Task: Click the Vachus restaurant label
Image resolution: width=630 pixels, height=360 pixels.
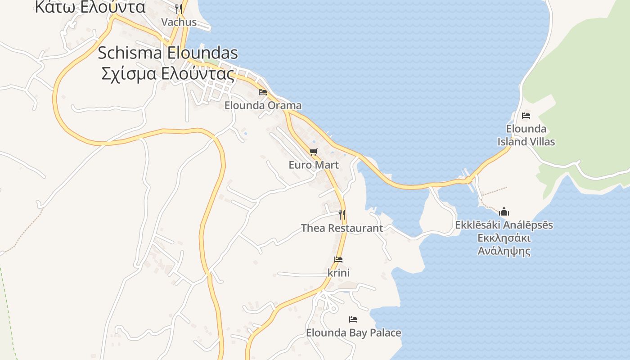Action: (x=179, y=22)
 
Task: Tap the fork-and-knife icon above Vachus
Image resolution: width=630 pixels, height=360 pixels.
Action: (x=179, y=9)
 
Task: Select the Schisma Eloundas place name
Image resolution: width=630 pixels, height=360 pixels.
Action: (x=168, y=53)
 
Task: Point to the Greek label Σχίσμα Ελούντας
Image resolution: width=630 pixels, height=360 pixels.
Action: (x=168, y=74)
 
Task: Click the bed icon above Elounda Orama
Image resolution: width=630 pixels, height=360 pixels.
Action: (x=263, y=92)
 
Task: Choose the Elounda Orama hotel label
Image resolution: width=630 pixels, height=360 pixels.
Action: (x=263, y=106)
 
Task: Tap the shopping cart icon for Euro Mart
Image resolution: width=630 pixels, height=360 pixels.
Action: (x=314, y=152)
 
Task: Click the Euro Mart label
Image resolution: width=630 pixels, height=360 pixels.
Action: (x=314, y=165)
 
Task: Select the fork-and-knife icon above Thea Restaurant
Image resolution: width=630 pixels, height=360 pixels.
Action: (x=342, y=214)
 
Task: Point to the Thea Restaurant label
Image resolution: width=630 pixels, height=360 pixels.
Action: (x=342, y=228)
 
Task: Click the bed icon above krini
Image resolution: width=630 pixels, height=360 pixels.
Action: (x=338, y=260)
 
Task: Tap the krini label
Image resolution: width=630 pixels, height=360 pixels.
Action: (x=338, y=273)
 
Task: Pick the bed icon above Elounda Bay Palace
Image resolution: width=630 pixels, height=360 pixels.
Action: (x=353, y=319)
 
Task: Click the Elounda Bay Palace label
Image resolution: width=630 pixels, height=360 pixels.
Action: (x=353, y=333)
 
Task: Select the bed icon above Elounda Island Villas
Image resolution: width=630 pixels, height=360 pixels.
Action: (x=526, y=116)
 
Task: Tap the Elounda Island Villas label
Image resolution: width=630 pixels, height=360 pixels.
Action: (x=526, y=135)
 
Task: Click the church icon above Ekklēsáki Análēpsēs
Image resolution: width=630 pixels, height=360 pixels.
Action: (x=504, y=211)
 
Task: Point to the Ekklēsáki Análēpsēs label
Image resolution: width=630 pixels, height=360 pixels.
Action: (x=504, y=225)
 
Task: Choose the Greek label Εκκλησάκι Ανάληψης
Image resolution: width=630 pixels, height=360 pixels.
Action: (x=504, y=244)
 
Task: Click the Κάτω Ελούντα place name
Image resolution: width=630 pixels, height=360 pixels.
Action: (x=90, y=7)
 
